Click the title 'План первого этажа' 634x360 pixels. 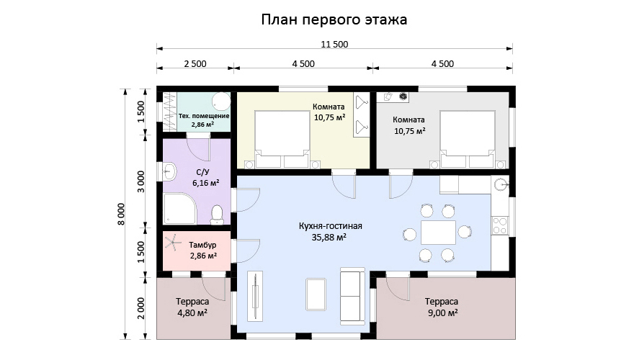[334, 19]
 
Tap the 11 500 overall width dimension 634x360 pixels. [334, 44]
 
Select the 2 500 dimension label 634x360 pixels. [195, 64]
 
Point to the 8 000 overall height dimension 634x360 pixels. [122, 214]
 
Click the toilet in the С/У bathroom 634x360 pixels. [217, 215]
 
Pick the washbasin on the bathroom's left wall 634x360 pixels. [170, 171]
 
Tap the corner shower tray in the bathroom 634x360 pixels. [179, 209]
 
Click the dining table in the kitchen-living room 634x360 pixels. [438, 233]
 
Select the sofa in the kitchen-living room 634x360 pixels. [352, 296]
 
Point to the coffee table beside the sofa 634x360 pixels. [316, 294]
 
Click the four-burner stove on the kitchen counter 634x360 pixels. [500, 225]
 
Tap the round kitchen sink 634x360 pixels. [501, 184]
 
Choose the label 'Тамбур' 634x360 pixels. [202, 245]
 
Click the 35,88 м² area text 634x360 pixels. [329, 237]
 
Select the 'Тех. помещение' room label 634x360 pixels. [204, 116]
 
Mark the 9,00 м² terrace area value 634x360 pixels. [442, 312]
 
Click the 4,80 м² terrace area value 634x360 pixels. [192, 312]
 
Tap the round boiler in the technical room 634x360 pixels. [222, 101]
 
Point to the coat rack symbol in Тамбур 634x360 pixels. [172, 243]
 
